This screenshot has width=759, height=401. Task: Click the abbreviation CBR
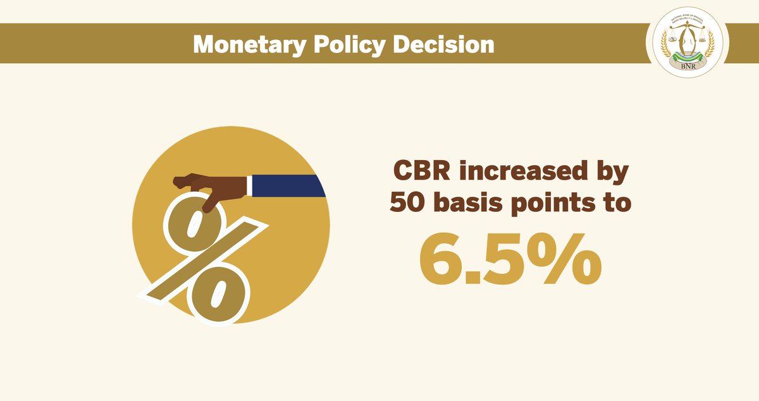(x=423, y=173)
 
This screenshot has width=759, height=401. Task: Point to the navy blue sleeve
(x=288, y=185)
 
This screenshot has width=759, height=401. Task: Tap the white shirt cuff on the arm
(x=249, y=185)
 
